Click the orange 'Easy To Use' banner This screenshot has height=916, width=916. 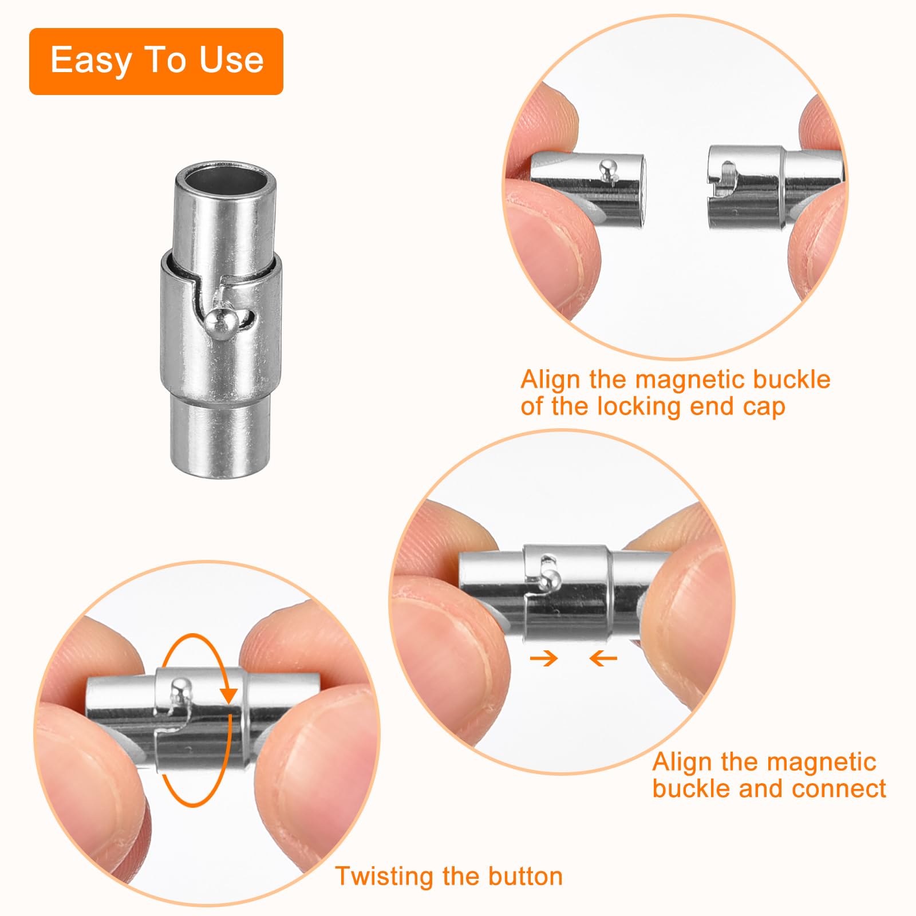point(156,61)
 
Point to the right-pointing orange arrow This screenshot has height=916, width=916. point(544,658)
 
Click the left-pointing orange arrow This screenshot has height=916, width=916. point(603,658)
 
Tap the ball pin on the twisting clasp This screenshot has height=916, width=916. point(182,687)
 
